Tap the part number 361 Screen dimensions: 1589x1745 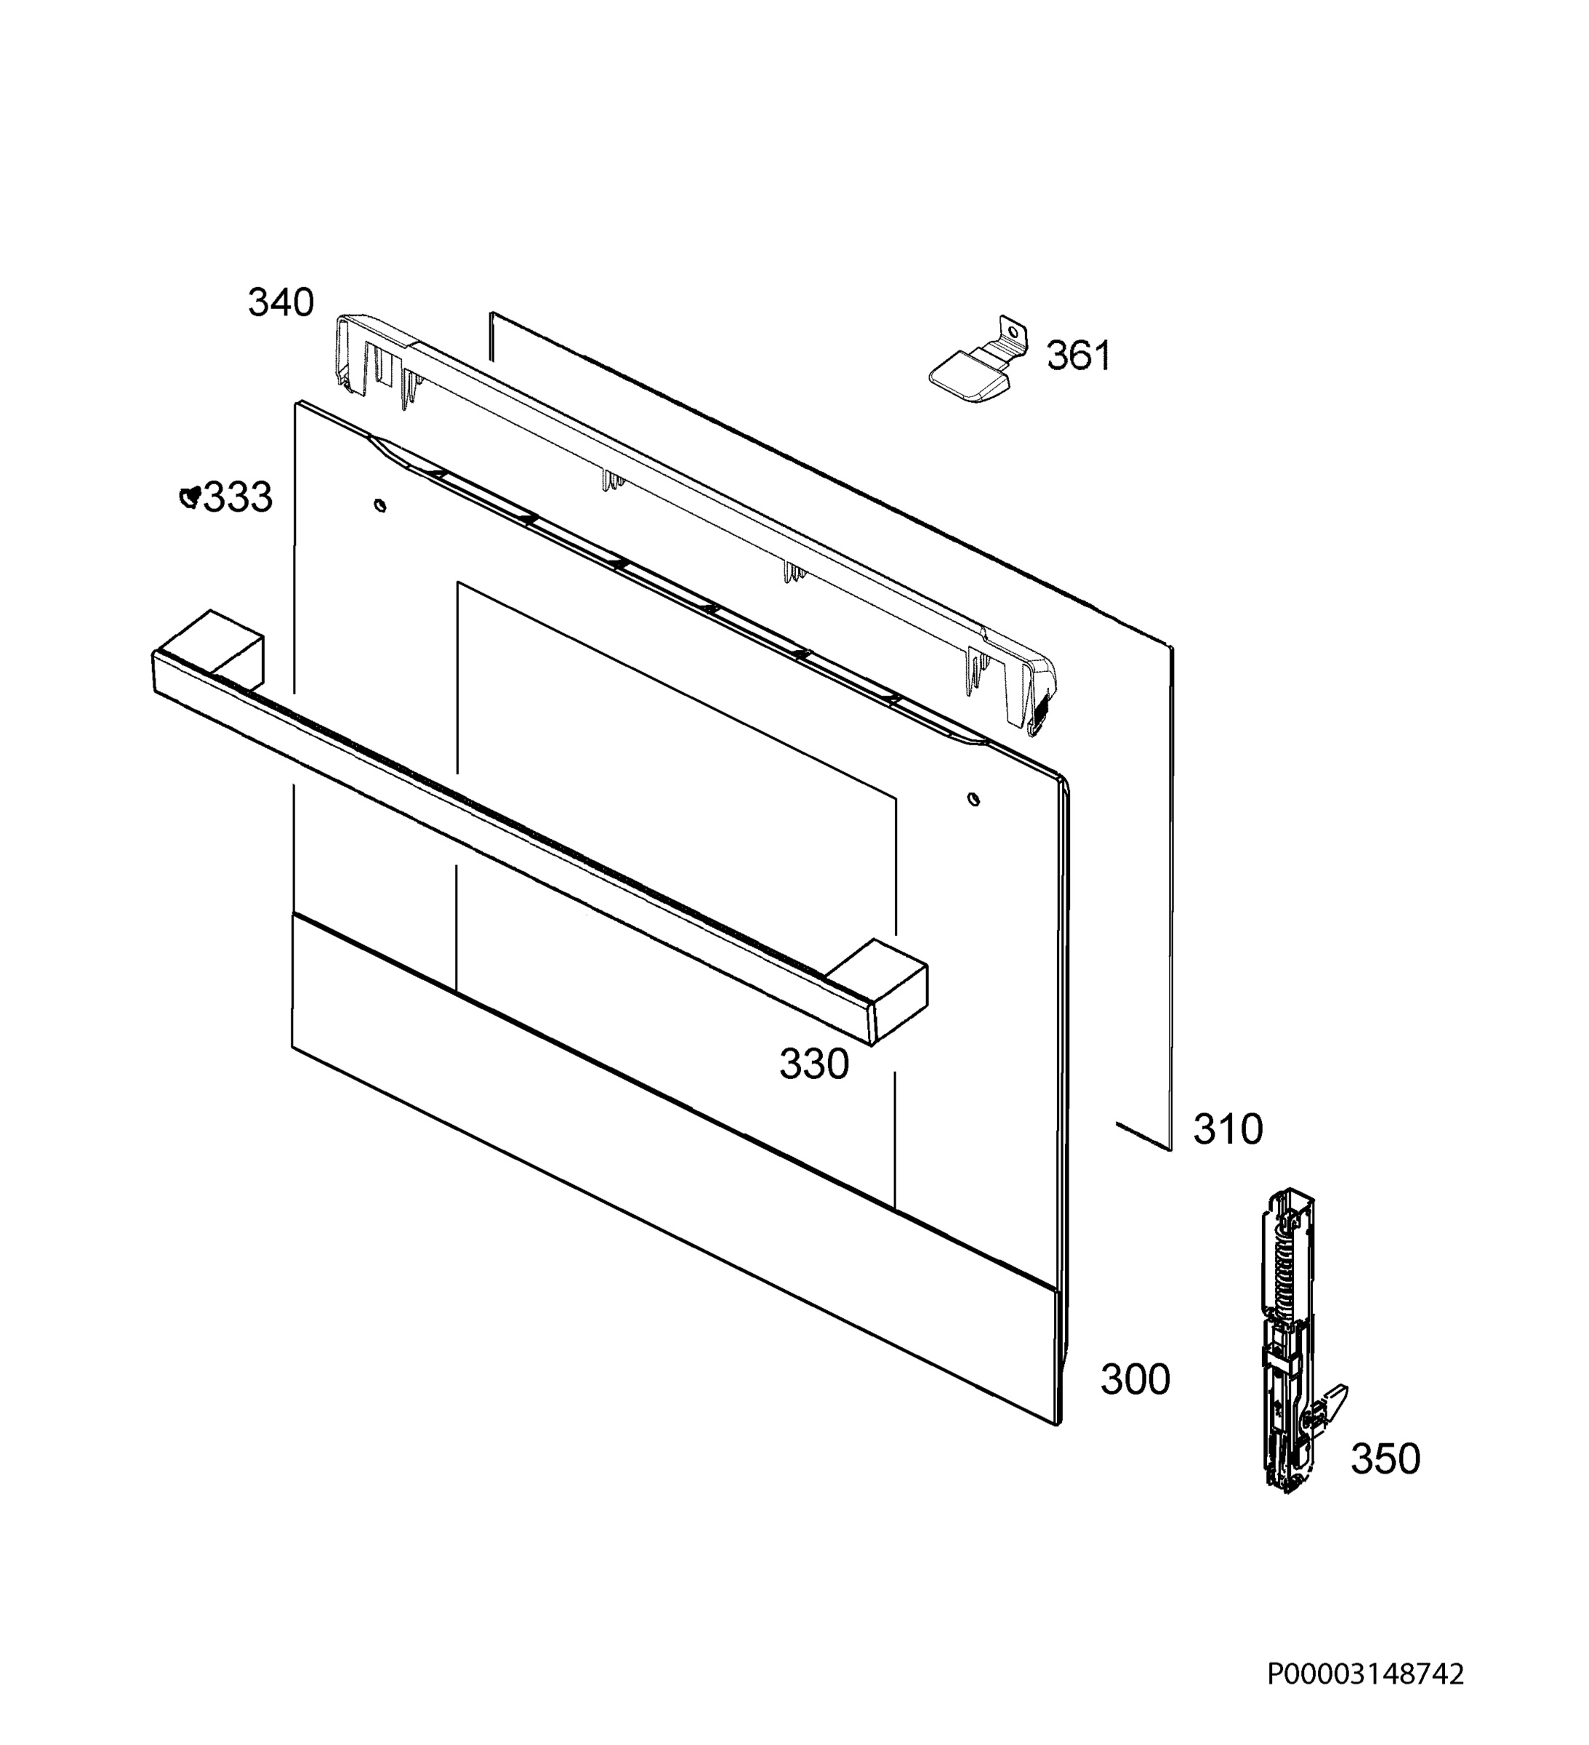click(x=1079, y=356)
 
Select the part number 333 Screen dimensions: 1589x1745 click(x=237, y=498)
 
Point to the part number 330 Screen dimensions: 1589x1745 click(x=813, y=1064)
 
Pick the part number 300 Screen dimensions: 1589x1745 click(x=1135, y=1379)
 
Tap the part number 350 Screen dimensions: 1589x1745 click(x=1385, y=1459)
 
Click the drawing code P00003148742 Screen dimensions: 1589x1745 click(x=1366, y=1698)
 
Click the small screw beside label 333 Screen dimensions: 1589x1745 click(x=190, y=497)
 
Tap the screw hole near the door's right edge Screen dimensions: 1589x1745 click(x=973, y=799)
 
